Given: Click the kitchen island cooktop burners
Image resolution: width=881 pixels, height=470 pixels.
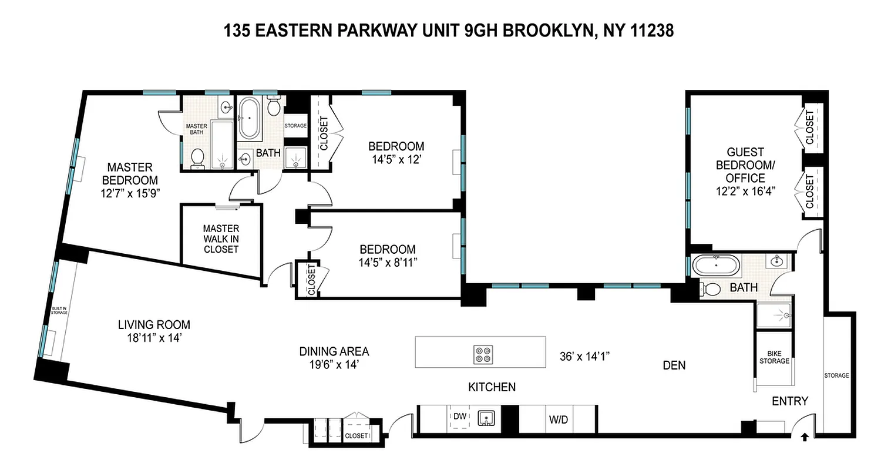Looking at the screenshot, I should tap(483, 354).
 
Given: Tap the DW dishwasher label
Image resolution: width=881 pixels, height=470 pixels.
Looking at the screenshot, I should tap(460, 417).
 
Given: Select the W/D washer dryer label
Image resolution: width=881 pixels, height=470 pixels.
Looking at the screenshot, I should tap(557, 420).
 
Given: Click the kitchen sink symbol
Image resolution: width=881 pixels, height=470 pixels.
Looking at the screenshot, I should tap(487, 418).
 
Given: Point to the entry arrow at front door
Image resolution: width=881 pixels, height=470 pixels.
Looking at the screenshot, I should tap(805, 437).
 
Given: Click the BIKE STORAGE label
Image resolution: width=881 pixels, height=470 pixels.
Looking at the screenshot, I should tap(774, 357).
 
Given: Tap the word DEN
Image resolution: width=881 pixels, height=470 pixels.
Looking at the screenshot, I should tap(674, 365).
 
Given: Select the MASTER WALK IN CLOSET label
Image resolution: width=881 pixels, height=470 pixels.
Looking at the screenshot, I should tap(221, 239).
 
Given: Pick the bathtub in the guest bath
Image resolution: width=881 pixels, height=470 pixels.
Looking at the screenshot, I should tap(716, 266).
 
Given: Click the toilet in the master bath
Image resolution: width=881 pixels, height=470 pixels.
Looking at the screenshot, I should tap(197, 157).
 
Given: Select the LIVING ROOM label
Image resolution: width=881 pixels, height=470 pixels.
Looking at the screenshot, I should tap(154, 324).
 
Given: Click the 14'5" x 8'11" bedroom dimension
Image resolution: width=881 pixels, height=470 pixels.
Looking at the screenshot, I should tap(388, 263).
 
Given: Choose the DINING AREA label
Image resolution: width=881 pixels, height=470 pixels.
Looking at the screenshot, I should tap(334, 351).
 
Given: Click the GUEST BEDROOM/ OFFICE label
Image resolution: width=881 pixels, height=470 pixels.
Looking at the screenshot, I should tap(745, 165).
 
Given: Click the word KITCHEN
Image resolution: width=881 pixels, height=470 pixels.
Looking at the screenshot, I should tap(492, 387).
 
